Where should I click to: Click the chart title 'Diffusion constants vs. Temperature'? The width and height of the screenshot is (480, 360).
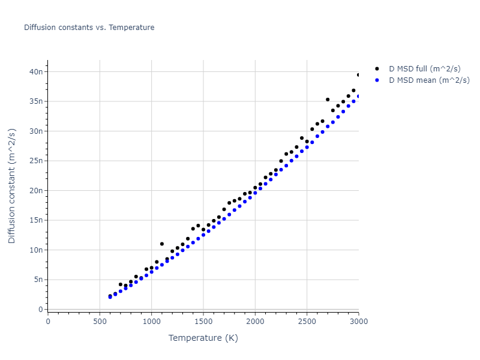pos(89,28)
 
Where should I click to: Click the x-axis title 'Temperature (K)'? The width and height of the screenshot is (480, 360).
pos(203,338)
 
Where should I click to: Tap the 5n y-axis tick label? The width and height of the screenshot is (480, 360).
pos(38,280)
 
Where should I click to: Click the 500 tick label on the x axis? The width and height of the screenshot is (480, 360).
pos(100,321)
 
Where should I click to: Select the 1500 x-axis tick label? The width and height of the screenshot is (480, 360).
pos(203,321)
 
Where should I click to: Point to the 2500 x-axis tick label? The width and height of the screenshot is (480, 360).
pos(307,321)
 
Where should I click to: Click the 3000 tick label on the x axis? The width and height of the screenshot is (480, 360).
pos(358,321)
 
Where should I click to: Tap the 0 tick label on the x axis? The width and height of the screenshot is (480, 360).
pos(48,321)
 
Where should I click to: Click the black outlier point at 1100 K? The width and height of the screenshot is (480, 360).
pos(162,244)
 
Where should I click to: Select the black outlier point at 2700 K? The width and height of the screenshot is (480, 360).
pos(328,100)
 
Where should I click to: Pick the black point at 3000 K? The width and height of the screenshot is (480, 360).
pos(359,75)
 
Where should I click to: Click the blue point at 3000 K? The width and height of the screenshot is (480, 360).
pos(359,96)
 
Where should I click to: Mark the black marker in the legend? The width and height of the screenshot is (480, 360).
pos(377,69)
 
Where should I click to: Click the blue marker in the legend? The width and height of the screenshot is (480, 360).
pos(377,80)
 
